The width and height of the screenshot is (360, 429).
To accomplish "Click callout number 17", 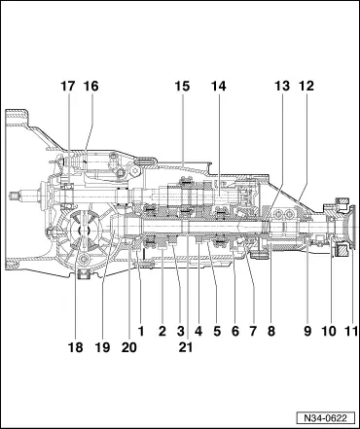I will click(x=67, y=87).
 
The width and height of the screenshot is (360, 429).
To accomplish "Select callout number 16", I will click(x=90, y=87).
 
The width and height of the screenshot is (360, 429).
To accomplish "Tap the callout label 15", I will click(x=182, y=87).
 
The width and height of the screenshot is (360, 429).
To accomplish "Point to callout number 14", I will click(x=218, y=87).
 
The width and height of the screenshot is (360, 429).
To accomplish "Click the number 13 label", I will click(x=282, y=87).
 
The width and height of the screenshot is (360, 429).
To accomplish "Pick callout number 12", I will click(x=307, y=87).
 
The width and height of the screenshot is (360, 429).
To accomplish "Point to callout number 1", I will click(x=141, y=332).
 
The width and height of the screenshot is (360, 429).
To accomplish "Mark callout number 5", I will click(x=216, y=332).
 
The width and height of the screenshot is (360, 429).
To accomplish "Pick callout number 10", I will click(x=328, y=332).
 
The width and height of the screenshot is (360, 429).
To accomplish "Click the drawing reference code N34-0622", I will click(x=323, y=414).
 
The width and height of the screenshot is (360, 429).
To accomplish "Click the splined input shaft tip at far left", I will click(x=15, y=200).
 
